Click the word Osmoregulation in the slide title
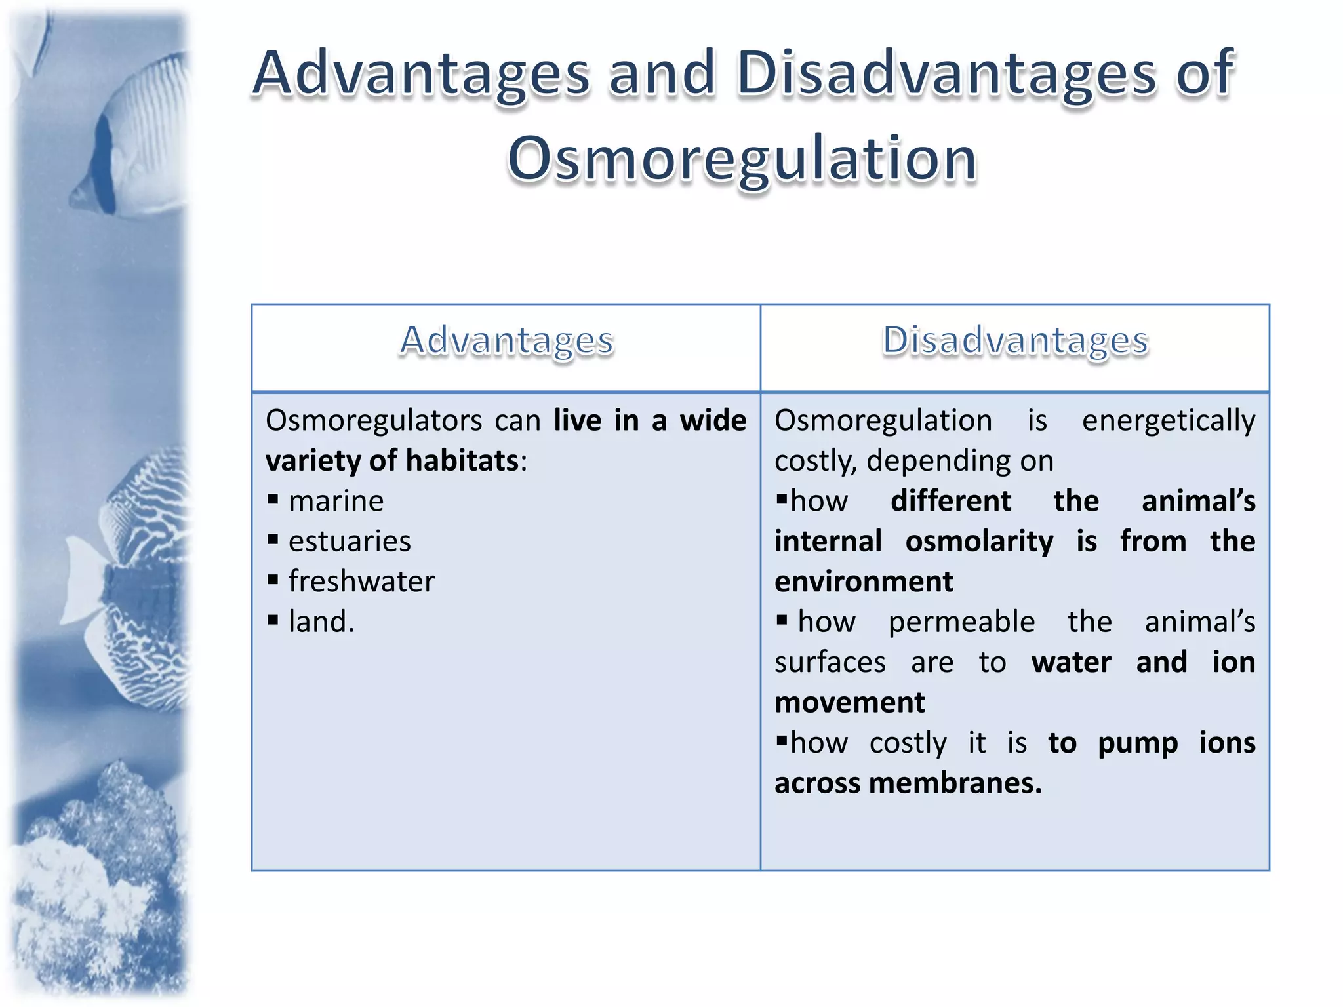(742, 159)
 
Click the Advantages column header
(506, 341)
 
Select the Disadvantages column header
(1015, 341)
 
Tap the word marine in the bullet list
(336, 502)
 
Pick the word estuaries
(350, 542)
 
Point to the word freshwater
(361, 582)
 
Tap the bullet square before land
(273, 621)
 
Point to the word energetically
(1169, 420)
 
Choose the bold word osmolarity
(979, 542)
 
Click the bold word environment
(864, 582)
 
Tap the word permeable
(961, 622)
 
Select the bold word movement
(849, 703)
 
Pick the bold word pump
(1138, 743)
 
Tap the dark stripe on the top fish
(104, 164)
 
